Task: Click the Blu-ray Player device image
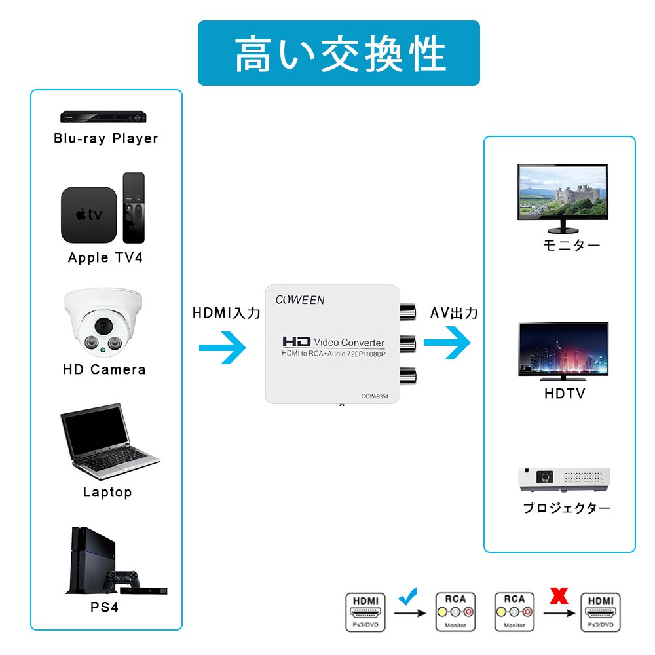click(103, 117)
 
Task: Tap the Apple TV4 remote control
click(134, 208)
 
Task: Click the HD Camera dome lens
click(103, 326)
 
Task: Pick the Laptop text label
click(107, 492)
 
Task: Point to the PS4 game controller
click(124, 579)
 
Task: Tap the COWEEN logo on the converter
click(299, 300)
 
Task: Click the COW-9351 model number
click(375, 396)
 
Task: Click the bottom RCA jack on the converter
click(407, 375)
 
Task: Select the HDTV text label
click(565, 394)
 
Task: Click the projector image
click(564, 479)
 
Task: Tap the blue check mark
click(408, 595)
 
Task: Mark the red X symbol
click(558, 595)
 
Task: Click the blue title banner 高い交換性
click(339, 53)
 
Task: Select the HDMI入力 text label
click(226, 313)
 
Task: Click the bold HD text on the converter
click(295, 342)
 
